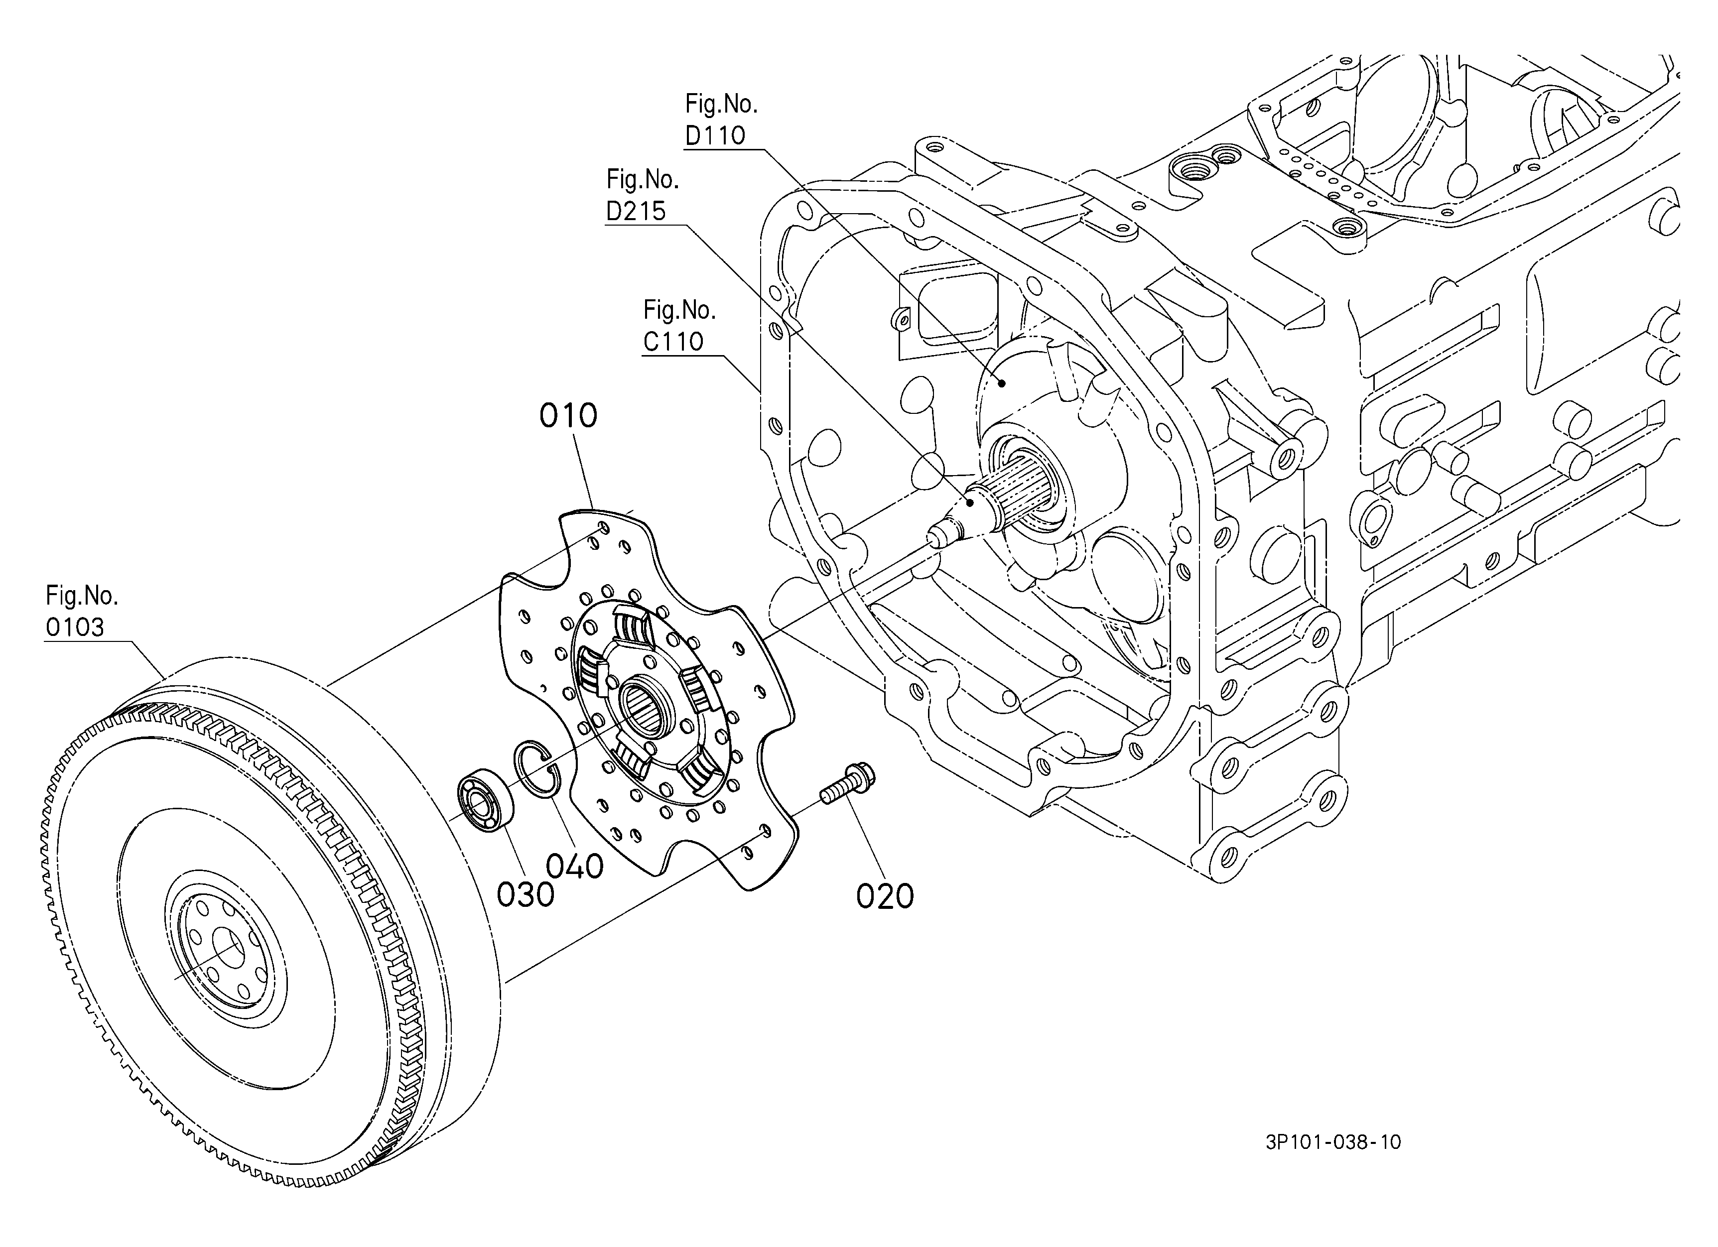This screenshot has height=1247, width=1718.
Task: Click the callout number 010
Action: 568,416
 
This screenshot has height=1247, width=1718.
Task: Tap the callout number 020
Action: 885,897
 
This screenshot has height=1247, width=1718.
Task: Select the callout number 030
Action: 526,895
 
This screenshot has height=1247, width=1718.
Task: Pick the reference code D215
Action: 636,211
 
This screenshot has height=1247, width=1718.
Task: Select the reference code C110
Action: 673,342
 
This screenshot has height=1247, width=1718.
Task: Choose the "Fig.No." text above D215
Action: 643,179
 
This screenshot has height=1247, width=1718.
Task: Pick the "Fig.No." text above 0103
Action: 82,596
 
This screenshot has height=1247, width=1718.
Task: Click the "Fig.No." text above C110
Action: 679,310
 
